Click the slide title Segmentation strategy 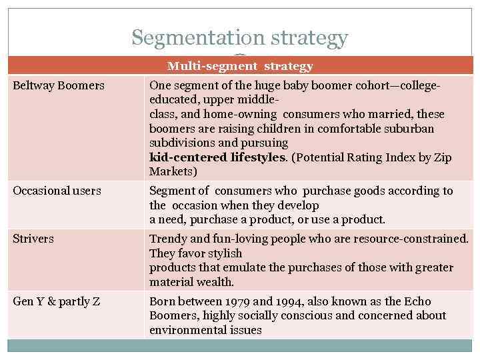(239, 38)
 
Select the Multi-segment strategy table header (240, 66)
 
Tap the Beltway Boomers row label (59, 86)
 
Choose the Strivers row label (33, 239)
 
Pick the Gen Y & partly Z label (57, 301)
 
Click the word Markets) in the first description (173, 172)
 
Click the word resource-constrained (412, 239)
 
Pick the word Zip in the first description (442, 157)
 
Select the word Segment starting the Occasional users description (171, 191)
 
